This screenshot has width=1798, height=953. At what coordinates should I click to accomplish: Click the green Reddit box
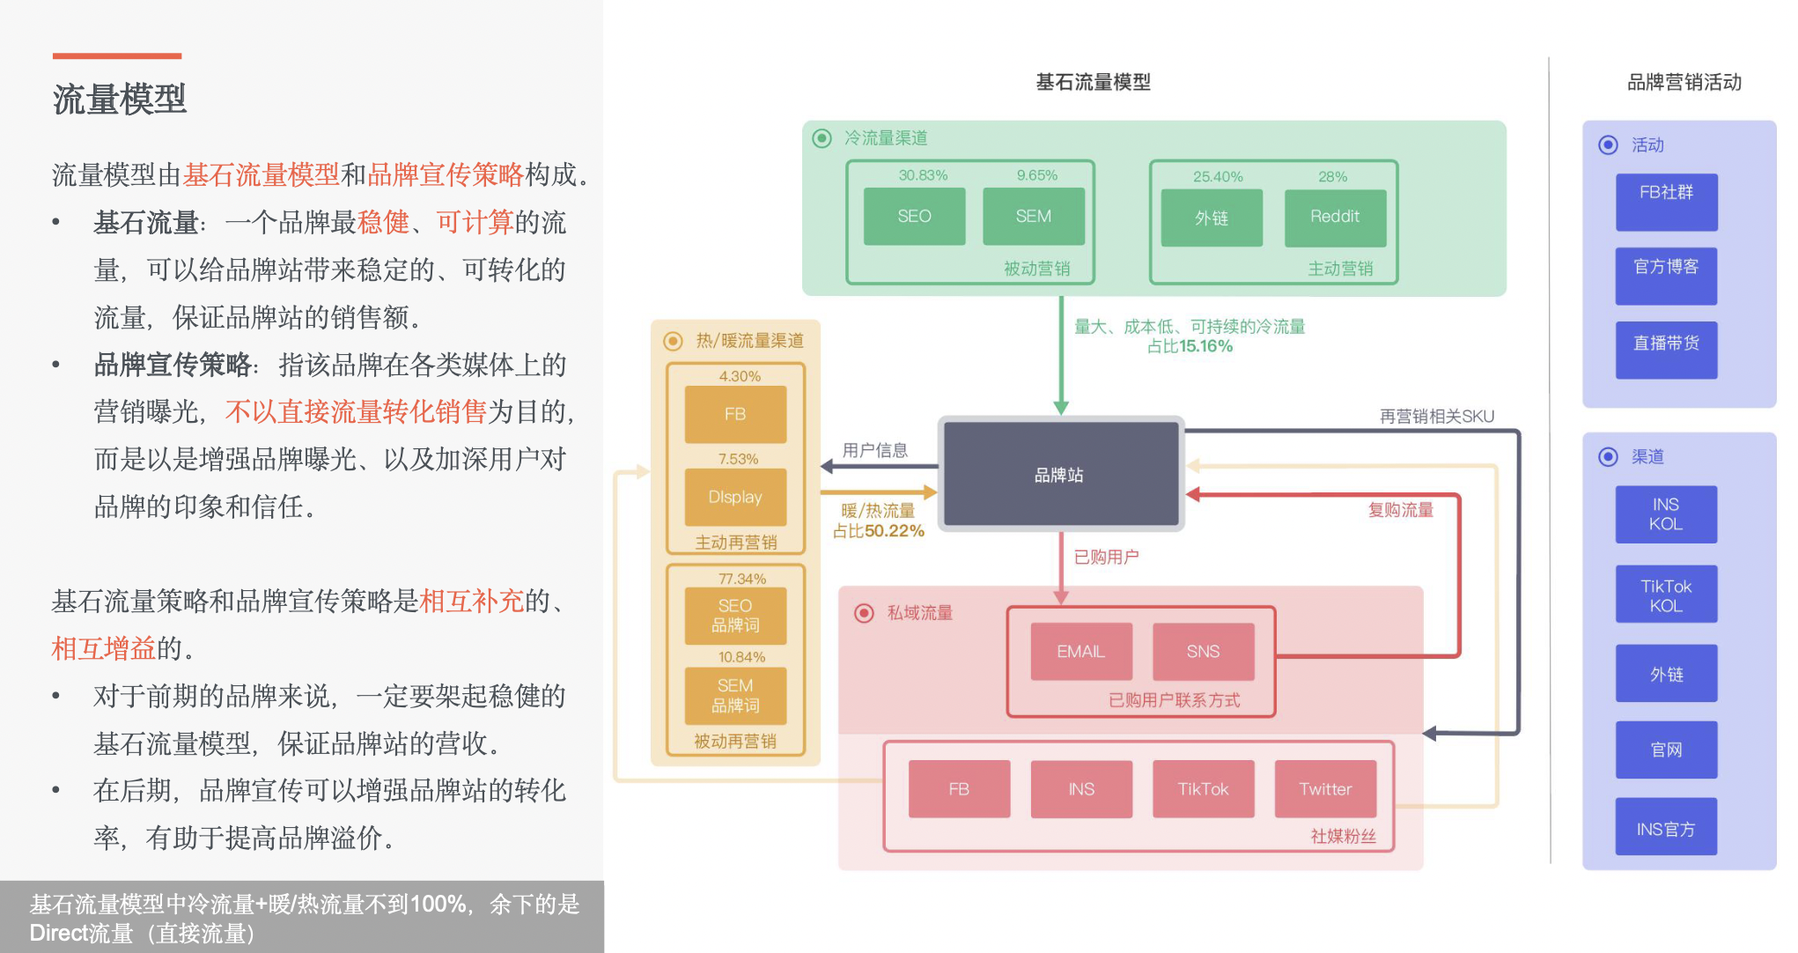(x=1335, y=218)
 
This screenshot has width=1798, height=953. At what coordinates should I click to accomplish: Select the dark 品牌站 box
(x=1060, y=475)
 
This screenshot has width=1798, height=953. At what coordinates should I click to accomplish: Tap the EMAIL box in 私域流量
(x=1080, y=652)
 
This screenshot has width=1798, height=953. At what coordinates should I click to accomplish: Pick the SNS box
(x=1203, y=652)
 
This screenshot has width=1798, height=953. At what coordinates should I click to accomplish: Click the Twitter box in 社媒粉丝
(x=1325, y=789)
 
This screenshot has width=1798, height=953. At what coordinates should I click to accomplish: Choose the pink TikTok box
(x=1203, y=789)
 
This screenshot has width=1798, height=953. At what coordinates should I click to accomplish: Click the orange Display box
(x=735, y=498)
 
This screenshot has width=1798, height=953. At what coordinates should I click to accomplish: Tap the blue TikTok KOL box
(x=1666, y=595)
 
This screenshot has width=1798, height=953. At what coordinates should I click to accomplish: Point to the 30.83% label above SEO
(x=923, y=175)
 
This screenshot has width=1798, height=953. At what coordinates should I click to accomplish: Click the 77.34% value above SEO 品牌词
(x=742, y=579)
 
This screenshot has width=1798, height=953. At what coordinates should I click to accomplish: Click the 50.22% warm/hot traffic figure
(x=894, y=531)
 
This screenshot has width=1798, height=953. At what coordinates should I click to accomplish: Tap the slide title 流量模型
(x=120, y=99)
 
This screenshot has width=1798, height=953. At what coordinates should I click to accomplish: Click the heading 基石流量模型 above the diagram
(x=1093, y=82)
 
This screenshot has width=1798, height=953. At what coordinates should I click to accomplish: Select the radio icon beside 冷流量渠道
(x=822, y=138)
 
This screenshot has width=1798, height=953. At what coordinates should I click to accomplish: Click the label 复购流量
(x=1400, y=510)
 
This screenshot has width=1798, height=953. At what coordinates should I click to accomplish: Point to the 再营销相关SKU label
(x=1436, y=416)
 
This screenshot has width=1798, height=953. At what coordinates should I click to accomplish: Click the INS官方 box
(x=1666, y=828)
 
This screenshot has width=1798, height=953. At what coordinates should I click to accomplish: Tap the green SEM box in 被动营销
(x=1033, y=217)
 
